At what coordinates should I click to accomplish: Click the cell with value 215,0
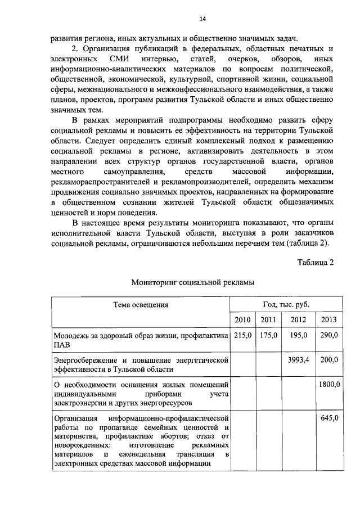point(242,335)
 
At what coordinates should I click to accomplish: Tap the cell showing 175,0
point(268,335)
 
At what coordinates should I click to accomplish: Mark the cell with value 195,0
point(298,335)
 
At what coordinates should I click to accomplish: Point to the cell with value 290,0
point(328,335)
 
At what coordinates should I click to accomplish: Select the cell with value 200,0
point(328,359)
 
